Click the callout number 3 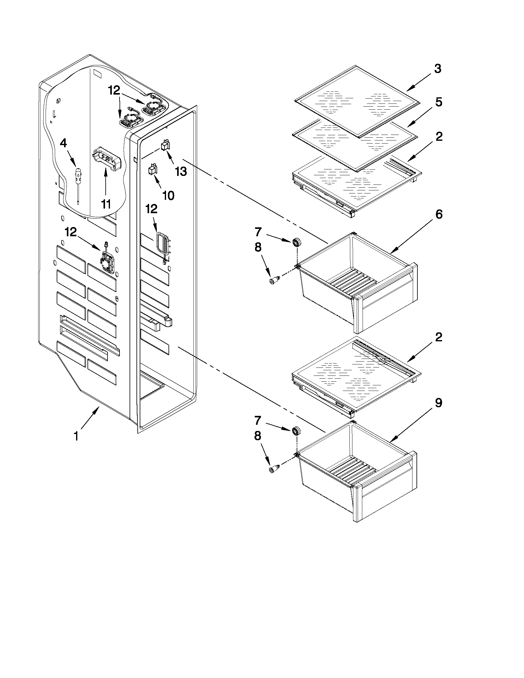point(438,69)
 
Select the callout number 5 point(438,103)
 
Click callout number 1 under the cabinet point(76,436)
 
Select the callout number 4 point(63,144)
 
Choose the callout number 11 point(106,204)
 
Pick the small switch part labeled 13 point(165,145)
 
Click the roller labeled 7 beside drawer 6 point(297,242)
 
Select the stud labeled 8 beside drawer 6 point(274,281)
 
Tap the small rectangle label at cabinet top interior point(98,75)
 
